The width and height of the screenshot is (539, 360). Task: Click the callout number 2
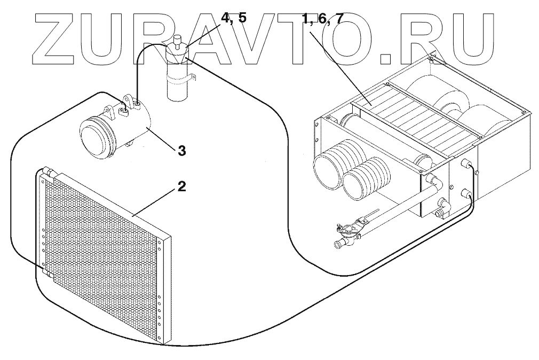[x=181, y=187]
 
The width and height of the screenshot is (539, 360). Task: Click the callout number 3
[x=181, y=151]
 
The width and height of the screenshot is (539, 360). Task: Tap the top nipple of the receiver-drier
[x=179, y=40]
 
